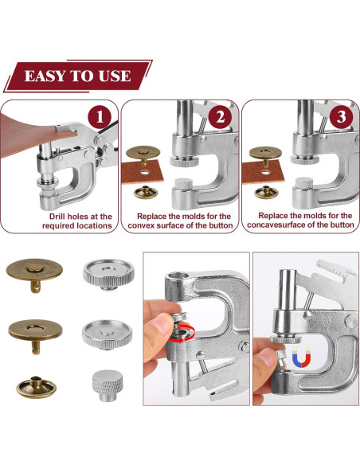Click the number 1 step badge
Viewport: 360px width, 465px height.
(x=100, y=116)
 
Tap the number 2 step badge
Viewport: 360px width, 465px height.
(x=220, y=116)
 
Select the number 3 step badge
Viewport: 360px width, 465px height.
(x=341, y=116)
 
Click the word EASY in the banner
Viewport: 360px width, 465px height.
(x=45, y=76)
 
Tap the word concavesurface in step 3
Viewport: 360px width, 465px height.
(x=276, y=225)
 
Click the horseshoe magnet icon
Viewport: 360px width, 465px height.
(x=301, y=357)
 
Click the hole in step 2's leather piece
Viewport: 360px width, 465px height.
(x=145, y=172)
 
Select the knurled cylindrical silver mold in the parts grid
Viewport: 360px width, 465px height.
(x=108, y=385)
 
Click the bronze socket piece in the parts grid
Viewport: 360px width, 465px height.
(x=36, y=387)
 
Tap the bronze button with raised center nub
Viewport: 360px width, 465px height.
(x=34, y=274)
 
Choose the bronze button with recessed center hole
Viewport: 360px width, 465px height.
(x=35, y=334)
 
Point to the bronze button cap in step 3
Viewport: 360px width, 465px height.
(x=265, y=154)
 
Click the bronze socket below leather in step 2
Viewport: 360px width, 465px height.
(x=145, y=192)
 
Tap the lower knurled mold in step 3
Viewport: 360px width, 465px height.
(x=304, y=183)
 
